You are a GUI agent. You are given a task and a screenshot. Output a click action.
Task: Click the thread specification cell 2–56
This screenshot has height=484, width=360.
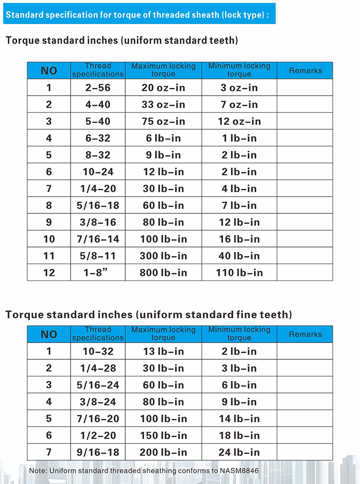[x=98, y=88]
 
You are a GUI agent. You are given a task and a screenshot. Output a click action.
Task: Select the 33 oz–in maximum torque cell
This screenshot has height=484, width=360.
[x=164, y=104]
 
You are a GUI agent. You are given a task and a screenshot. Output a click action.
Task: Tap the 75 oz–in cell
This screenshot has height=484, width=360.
[x=164, y=121]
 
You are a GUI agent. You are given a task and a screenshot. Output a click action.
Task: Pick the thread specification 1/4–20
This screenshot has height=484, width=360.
[x=98, y=189]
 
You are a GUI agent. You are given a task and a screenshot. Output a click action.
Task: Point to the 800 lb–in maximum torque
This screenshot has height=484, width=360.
[x=164, y=273]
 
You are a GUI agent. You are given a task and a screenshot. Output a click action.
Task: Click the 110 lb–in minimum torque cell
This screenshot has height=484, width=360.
[x=239, y=273]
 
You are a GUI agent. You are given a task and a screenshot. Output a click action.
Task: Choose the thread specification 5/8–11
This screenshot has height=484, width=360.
[x=98, y=256]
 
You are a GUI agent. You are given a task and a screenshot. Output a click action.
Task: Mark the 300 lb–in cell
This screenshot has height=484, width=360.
[x=164, y=256]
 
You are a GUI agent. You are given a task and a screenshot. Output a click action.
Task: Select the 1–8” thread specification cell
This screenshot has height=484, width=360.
[x=98, y=273]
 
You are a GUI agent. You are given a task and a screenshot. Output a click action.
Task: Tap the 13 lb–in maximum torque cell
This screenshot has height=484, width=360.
[x=164, y=351]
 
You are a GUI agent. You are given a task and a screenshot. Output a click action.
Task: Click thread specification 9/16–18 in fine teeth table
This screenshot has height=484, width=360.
[x=98, y=452]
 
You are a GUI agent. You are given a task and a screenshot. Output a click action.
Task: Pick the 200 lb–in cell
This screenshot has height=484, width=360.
[x=164, y=452]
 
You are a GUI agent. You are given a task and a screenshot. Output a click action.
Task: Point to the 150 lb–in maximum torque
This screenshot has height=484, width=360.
[x=164, y=435]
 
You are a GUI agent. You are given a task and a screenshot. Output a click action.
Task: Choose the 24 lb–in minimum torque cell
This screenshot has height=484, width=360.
[x=239, y=452]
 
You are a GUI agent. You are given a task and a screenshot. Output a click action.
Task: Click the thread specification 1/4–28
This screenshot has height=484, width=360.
[x=98, y=368]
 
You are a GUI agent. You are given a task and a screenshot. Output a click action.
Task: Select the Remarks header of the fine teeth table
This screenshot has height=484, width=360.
[x=305, y=334]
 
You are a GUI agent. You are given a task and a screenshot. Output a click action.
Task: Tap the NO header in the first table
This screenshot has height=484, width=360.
[x=49, y=70]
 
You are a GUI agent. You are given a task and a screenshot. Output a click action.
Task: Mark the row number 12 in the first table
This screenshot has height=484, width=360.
[x=49, y=273]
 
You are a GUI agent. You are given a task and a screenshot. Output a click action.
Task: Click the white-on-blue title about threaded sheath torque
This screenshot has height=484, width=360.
[x=138, y=15]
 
